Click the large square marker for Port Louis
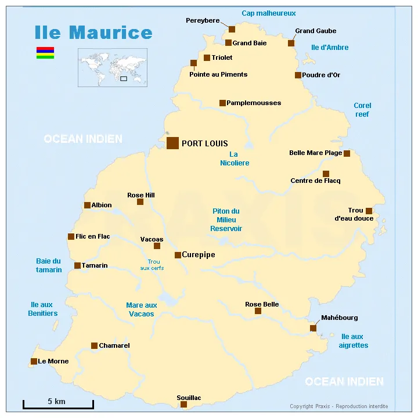172,143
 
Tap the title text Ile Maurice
93,33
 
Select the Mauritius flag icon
45,53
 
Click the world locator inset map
113,67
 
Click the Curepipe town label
199,254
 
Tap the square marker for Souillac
183,404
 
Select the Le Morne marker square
34,361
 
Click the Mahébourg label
340,318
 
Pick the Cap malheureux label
269,13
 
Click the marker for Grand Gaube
291,43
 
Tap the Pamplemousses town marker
222,103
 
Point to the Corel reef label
362,110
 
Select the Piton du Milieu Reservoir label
226,220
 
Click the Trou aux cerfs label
152,265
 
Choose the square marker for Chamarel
94,345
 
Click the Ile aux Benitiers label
43,309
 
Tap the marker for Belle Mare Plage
347,153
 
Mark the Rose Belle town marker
258,311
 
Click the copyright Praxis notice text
338,406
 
